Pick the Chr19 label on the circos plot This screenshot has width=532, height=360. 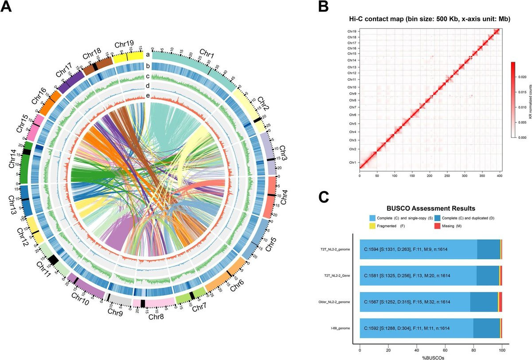pyautogui.click(x=124, y=44)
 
